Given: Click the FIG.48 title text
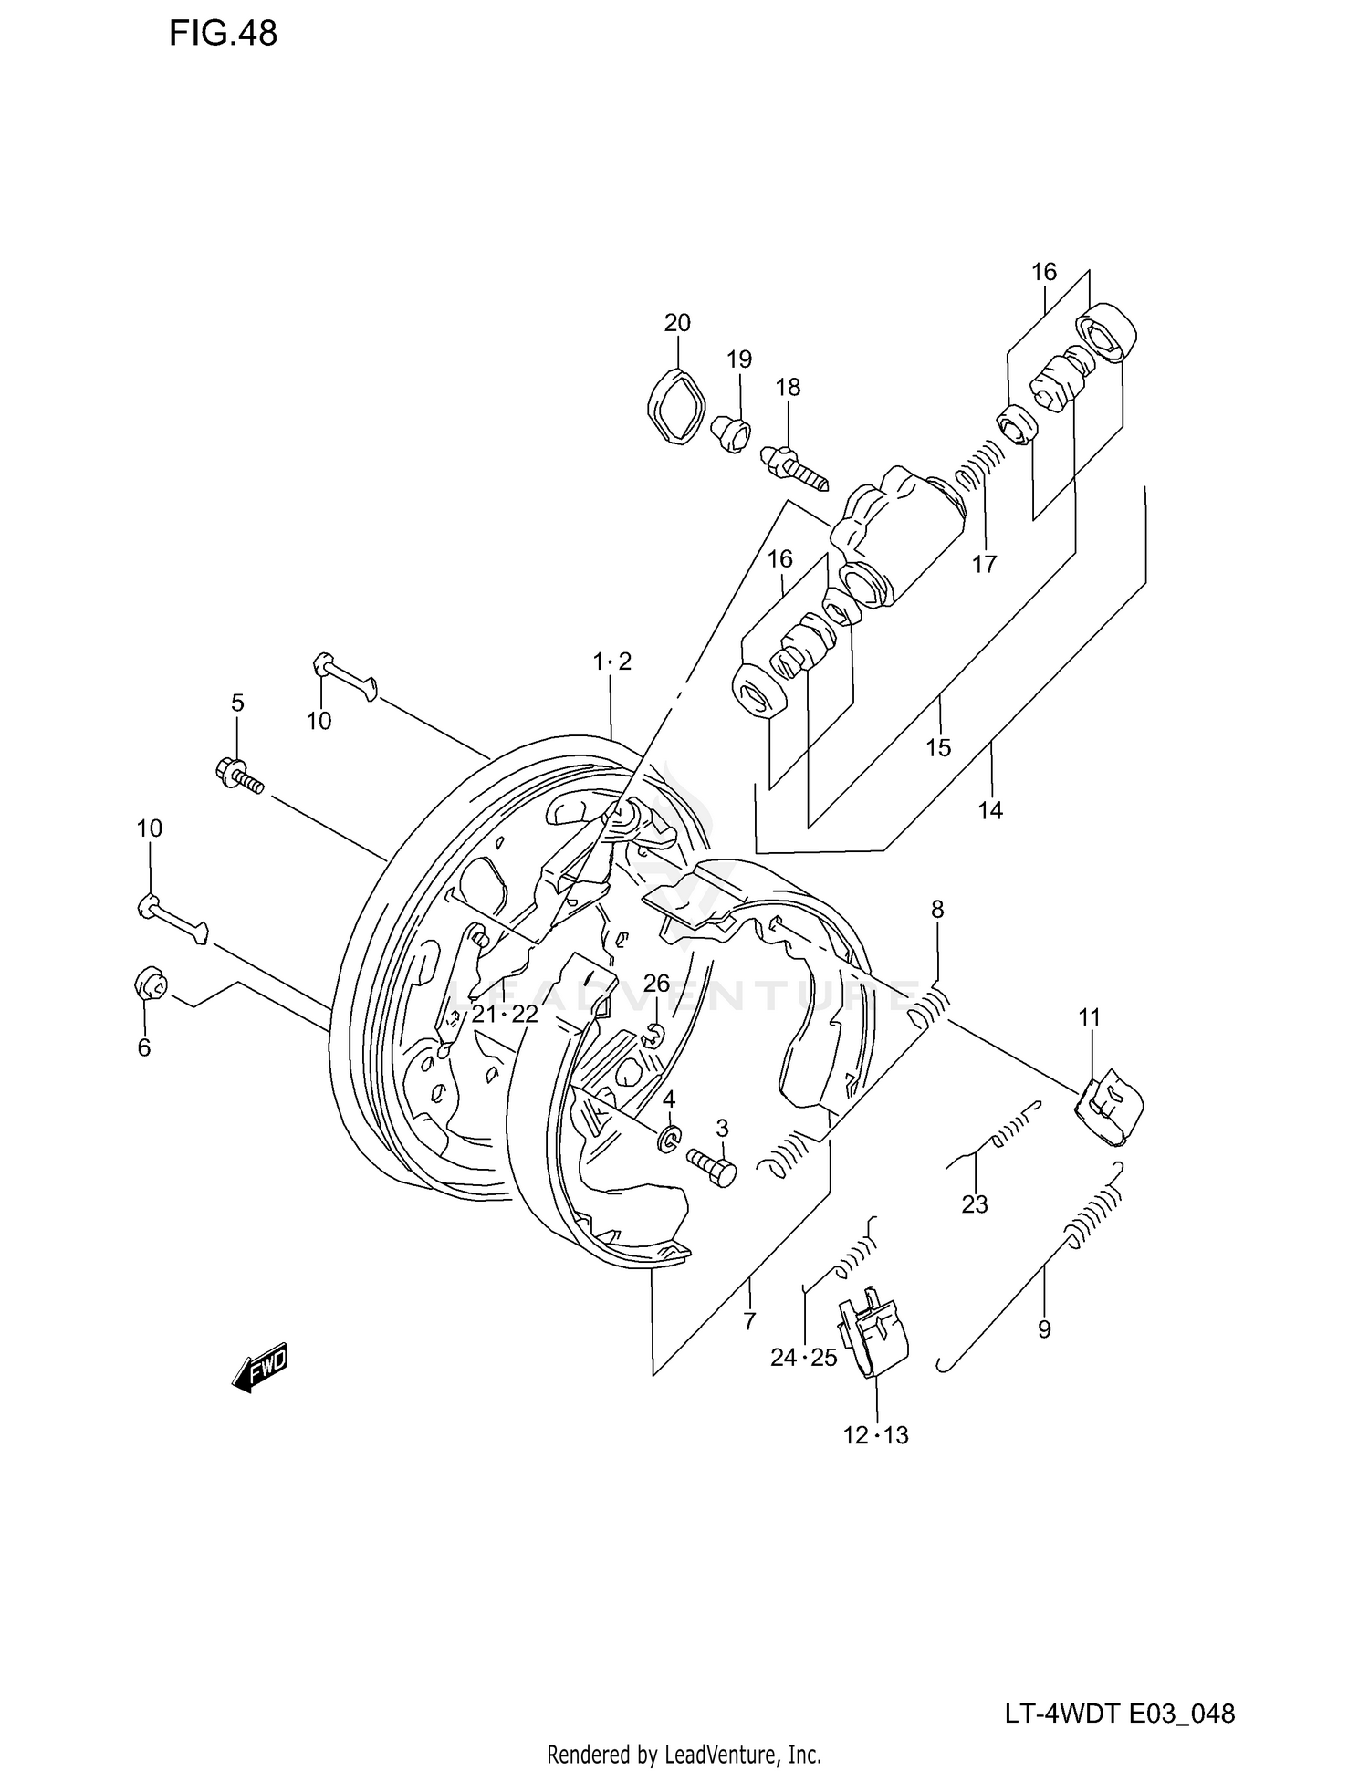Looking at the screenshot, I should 223,34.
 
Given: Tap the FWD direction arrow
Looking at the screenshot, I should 260,1366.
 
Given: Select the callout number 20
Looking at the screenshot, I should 677,323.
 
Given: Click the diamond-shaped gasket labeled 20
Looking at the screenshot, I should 676,406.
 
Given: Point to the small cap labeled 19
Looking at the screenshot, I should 732,432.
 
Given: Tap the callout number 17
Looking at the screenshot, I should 984,565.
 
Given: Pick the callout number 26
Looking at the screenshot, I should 656,984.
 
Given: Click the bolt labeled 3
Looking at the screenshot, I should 711,1166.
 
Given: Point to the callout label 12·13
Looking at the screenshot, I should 875,1435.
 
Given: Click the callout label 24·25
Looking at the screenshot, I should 803,1358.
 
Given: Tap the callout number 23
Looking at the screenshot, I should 975,1205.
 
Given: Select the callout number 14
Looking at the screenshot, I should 990,810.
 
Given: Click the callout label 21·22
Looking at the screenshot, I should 505,1014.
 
